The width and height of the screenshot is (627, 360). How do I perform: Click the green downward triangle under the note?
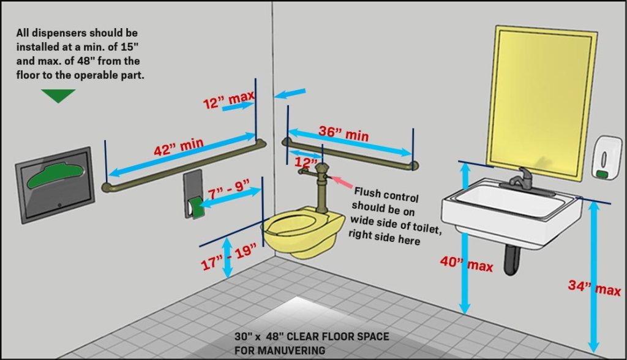click(58, 95)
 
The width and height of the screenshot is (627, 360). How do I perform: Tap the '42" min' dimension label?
click(179, 147)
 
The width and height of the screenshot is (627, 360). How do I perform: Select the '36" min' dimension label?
click(344, 133)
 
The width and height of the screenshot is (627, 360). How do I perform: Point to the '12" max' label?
click(229, 100)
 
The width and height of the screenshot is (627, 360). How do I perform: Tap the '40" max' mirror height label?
click(466, 264)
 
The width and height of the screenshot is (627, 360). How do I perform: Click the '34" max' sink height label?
click(594, 287)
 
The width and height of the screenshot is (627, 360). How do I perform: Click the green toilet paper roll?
click(195, 207)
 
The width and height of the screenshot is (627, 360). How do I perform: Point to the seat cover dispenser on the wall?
click(55, 185)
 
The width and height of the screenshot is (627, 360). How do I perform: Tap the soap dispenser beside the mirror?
click(606, 157)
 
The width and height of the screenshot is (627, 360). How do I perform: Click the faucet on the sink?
click(520, 178)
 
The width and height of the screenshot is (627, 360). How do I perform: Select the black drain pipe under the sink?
click(511, 260)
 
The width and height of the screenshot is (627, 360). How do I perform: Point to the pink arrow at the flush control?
click(340, 182)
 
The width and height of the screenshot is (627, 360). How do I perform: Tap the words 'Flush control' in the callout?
click(386, 195)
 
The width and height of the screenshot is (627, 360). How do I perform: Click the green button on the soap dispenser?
click(601, 174)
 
